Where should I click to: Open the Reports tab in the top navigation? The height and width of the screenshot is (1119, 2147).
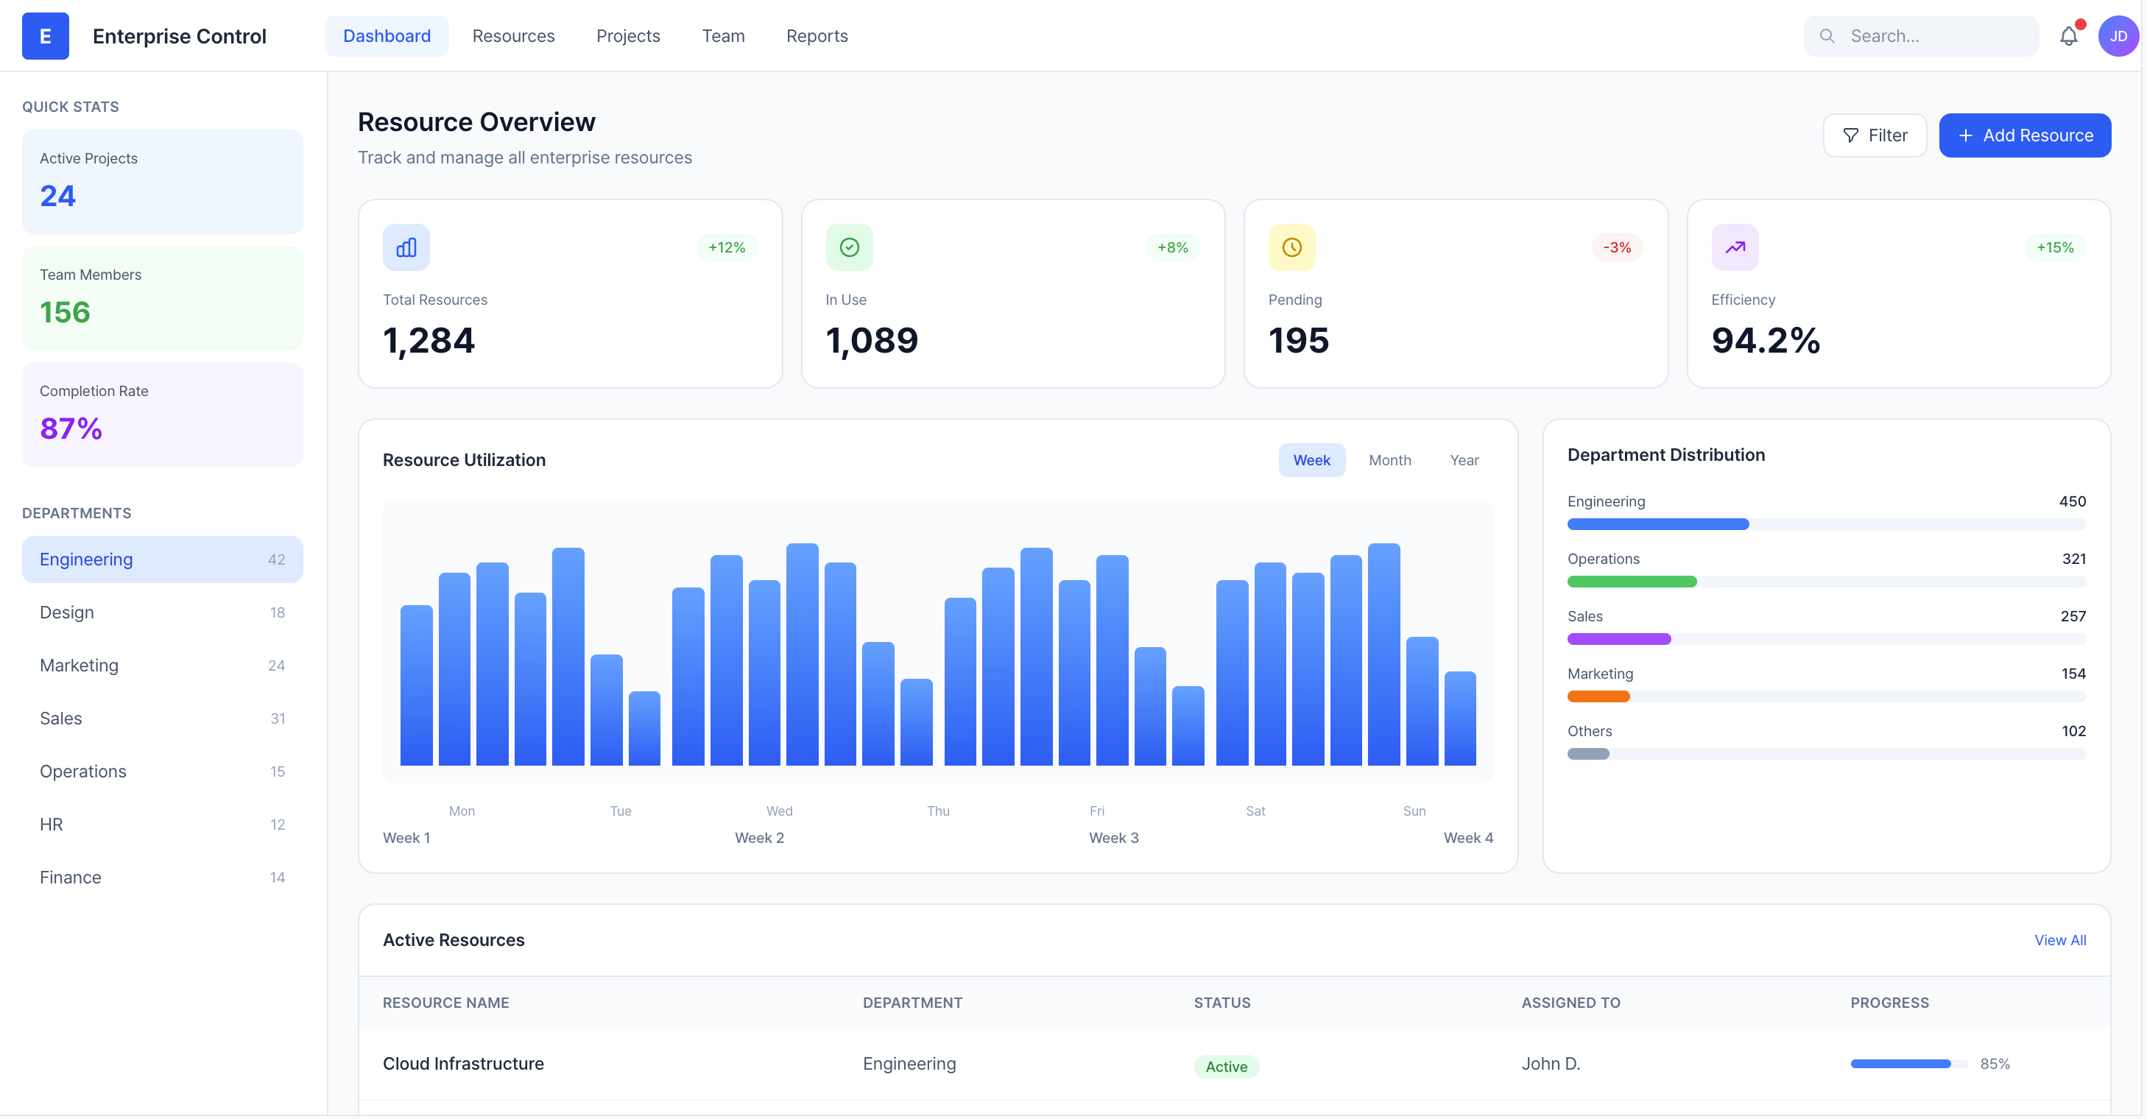[x=816, y=36]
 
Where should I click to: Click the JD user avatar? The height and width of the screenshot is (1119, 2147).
[x=2117, y=36]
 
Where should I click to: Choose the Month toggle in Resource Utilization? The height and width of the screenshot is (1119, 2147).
[x=1389, y=460]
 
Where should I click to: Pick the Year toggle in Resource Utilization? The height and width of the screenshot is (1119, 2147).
[x=1464, y=460]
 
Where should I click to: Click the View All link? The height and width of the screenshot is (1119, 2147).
[x=2059, y=940]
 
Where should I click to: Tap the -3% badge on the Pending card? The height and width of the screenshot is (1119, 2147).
[x=1616, y=247]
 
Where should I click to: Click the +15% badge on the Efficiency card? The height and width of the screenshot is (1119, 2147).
[x=2054, y=247]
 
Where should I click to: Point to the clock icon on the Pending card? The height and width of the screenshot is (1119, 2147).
[x=1291, y=247]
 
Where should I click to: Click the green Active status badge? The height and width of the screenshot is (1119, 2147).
[x=1226, y=1067]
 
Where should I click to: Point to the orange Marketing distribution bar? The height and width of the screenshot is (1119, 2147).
[x=1598, y=696]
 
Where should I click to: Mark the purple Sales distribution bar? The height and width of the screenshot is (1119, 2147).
[x=1618, y=639]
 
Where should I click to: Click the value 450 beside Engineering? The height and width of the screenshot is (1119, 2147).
[x=2072, y=501]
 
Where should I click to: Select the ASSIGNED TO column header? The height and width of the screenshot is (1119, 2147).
[x=1570, y=1003]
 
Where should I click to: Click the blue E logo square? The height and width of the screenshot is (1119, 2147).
[x=45, y=36]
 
